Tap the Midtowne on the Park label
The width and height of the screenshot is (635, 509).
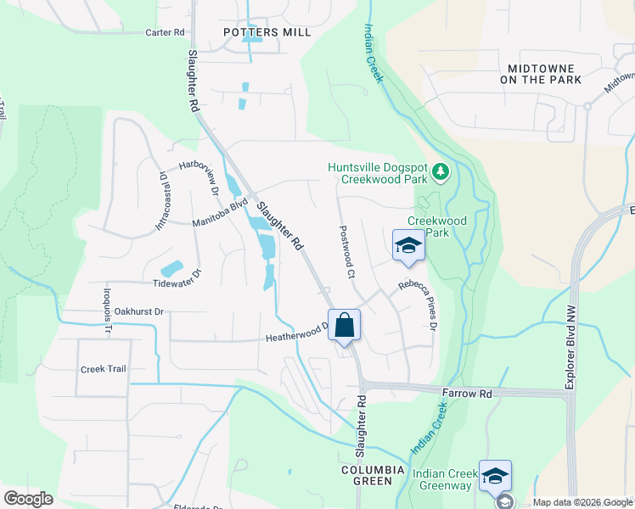541,74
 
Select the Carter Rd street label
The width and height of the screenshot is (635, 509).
165,32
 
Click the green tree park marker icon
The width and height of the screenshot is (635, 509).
440,173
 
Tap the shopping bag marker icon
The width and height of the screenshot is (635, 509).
344,325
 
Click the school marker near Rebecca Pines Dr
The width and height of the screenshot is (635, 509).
408,245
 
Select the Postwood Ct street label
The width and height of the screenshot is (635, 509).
346,252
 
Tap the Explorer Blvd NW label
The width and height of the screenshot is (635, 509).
570,348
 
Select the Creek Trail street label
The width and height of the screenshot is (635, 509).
103,369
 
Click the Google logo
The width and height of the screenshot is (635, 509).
28,498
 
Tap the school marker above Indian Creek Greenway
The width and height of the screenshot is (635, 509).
494,476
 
